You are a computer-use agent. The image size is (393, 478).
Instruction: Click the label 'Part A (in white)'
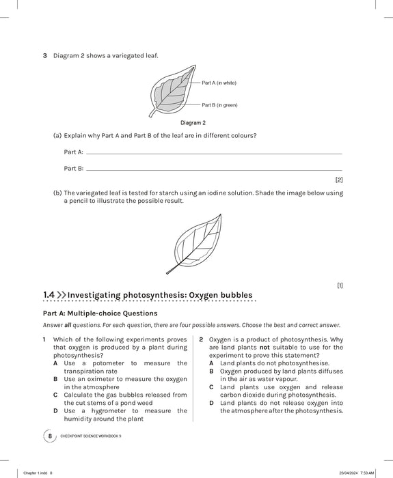tap(219, 83)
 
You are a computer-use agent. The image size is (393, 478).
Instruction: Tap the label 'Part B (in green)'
tap(219, 105)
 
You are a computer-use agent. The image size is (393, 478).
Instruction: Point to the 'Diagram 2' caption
tap(193, 123)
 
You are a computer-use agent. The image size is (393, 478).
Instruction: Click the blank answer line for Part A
tap(213, 153)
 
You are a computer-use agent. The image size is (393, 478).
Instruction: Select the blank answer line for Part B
tap(213, 169)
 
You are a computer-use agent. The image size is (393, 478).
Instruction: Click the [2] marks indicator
tap(339, 180)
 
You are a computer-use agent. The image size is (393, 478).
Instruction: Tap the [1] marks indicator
tap(340, 285)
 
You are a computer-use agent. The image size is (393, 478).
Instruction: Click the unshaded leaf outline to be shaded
tap(196, 242)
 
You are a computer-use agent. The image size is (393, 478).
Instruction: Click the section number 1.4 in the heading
tap(49, 294)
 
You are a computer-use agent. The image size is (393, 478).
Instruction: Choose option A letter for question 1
tap(55, 363)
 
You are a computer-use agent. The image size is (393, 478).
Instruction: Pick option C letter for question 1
tap(55, 395)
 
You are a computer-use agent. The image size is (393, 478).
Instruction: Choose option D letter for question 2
tap(212, 403)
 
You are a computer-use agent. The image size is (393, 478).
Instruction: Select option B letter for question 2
tap(212, 371)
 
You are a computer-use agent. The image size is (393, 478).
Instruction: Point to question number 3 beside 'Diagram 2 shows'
tap(44, 55)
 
